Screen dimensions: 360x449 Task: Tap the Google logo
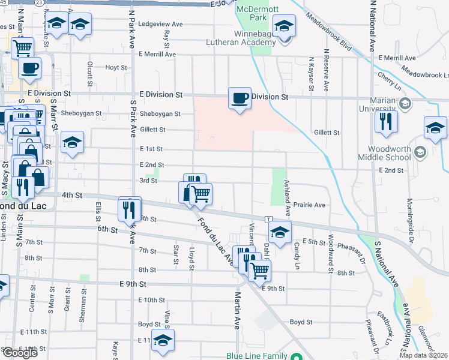pos(20,353)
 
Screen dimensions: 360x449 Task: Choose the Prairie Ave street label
pos(310,205)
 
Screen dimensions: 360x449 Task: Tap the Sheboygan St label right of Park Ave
pos(160,113)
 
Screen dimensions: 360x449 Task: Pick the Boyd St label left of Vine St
pos(149,324)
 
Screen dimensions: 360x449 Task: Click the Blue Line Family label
pos(256,356)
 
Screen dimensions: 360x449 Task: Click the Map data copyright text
pos(423,355)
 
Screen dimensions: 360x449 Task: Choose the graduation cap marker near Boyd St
pos(163,340)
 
